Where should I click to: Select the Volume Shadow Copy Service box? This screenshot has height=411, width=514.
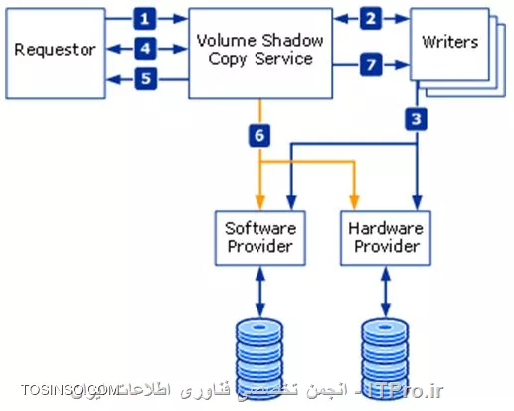(261, 50)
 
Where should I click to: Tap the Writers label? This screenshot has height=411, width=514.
(449, 43)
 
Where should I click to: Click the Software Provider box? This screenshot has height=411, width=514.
(260, 237)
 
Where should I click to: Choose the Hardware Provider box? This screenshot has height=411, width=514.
(385, 237)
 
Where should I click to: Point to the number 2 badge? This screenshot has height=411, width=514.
(370, 18)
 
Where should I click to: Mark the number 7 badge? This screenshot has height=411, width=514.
(370, 65)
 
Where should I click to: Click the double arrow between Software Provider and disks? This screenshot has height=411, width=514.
(260, 290)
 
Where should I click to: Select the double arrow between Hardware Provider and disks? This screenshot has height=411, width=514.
(385, 290)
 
